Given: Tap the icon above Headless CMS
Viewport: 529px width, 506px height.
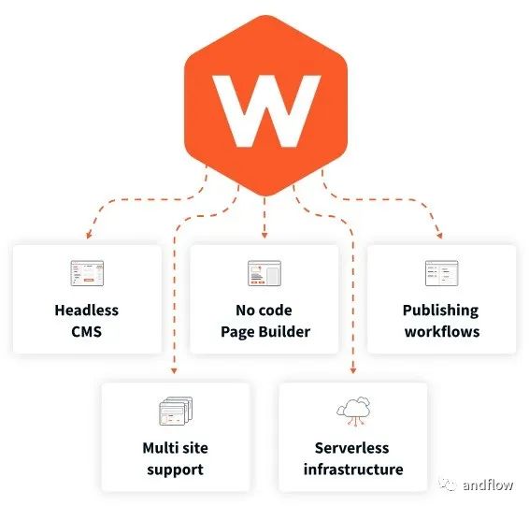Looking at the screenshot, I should (87, 272).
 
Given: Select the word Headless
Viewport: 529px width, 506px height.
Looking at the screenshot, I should (87, 311).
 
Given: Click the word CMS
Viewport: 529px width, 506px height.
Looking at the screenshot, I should (87, 331).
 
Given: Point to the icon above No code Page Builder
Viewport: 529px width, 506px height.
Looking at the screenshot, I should (264, 272).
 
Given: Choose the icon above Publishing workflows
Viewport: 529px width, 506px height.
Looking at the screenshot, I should (441, 272).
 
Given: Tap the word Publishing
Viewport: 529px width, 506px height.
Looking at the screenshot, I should (441, 311).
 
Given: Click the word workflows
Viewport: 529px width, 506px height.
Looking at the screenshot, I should (441, 331).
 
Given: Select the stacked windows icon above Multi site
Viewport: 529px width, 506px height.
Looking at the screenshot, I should (175, 411).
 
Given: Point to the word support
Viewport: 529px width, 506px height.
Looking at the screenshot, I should (175, 469).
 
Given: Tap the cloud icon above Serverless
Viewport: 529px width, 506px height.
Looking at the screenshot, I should (352, 411).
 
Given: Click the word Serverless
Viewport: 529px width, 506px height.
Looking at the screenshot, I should (352, 448).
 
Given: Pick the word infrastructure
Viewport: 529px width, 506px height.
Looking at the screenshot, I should (352, 469).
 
